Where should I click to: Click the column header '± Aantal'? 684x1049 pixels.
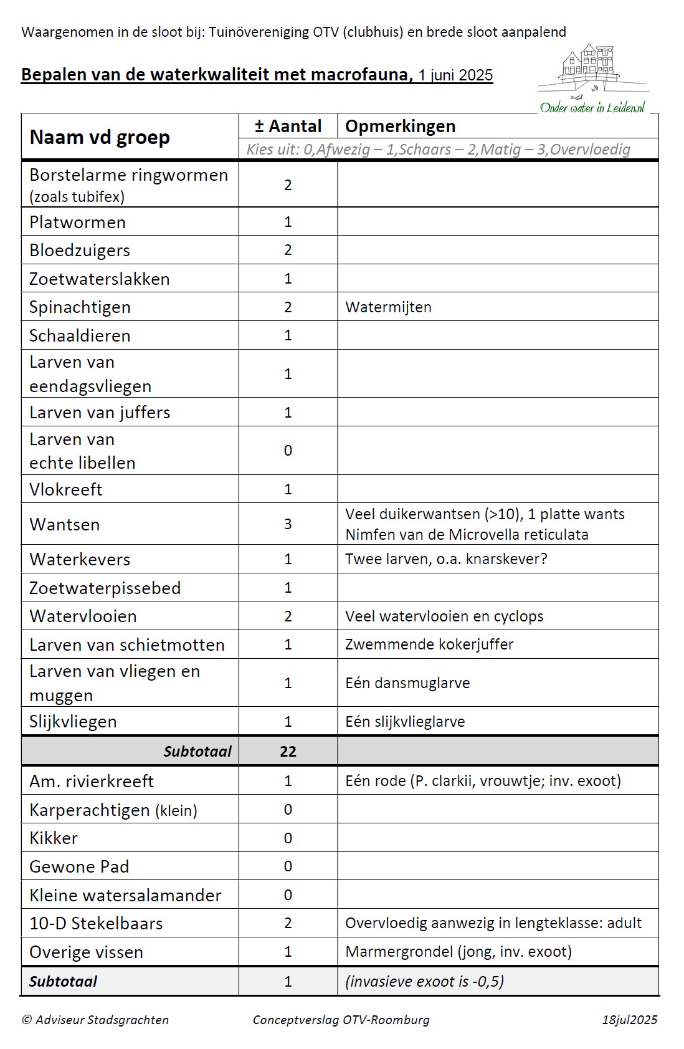click(288, 127)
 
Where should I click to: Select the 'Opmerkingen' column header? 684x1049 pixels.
click(401, 127)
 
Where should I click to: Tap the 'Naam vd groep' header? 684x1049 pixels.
click(100, 137)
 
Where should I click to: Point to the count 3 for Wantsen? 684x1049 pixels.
click(288, 524)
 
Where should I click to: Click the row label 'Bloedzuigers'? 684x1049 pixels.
click(80, 251)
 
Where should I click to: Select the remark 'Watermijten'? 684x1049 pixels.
click(388, 307)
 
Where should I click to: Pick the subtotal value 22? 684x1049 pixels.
click(288, 751)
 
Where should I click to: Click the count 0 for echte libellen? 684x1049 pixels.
click(288, 451)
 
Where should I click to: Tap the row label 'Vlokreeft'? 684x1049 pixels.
click(65, 489)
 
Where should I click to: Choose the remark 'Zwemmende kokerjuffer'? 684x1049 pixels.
click(429, 644)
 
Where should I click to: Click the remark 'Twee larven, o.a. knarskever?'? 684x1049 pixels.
click(446, 559)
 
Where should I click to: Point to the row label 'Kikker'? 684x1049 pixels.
click(54, 838)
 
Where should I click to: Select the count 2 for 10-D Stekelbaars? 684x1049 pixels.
click(288, 923)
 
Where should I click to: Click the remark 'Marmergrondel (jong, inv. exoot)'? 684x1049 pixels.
click(458, 952)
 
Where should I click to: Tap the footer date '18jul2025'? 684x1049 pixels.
click(629, 1020)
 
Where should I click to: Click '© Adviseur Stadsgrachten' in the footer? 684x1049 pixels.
click(95, 1020)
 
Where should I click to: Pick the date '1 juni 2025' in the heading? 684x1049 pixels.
click(455, 75)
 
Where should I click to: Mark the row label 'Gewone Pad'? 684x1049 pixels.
click(79, 866)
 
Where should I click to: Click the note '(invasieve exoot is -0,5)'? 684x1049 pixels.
click(424, 981)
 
